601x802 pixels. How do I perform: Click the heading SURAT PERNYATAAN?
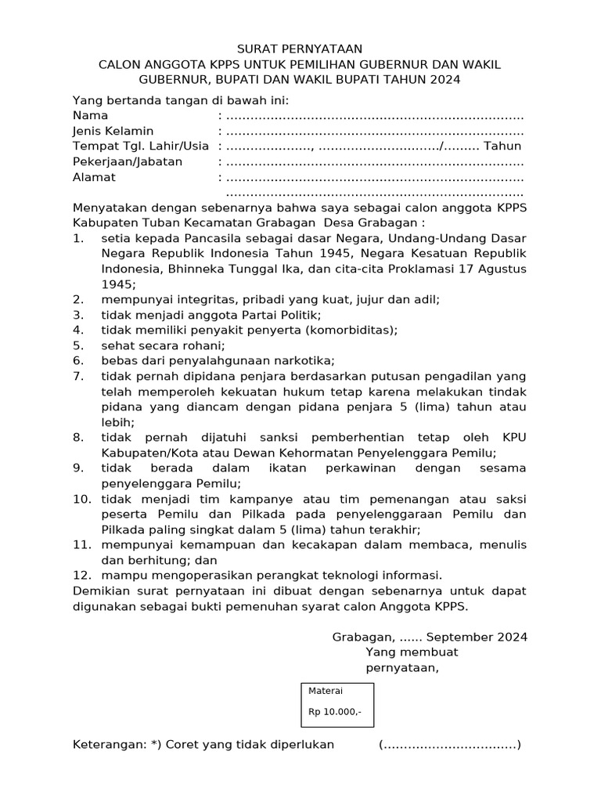pyautogui.click(x=300, y=49)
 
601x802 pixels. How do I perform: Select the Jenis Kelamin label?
pyautogui.click(x=113, y=131)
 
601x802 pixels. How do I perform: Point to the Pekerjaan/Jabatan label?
pyautogui.click(x=128, y=161)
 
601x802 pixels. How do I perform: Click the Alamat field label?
pyautogui.click(x=94, y=177)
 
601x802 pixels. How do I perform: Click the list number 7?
pyautogui.click(x=78, y=376)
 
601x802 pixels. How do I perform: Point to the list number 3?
pyautogui.click(x=78, y=315)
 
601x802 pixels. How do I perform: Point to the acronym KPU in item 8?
pyautogui.click(x=511, y=438)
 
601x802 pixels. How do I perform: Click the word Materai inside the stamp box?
pyautogui.click(x=326, y=691)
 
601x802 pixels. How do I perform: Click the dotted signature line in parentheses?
pyautogui.click(x=450, y=745)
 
